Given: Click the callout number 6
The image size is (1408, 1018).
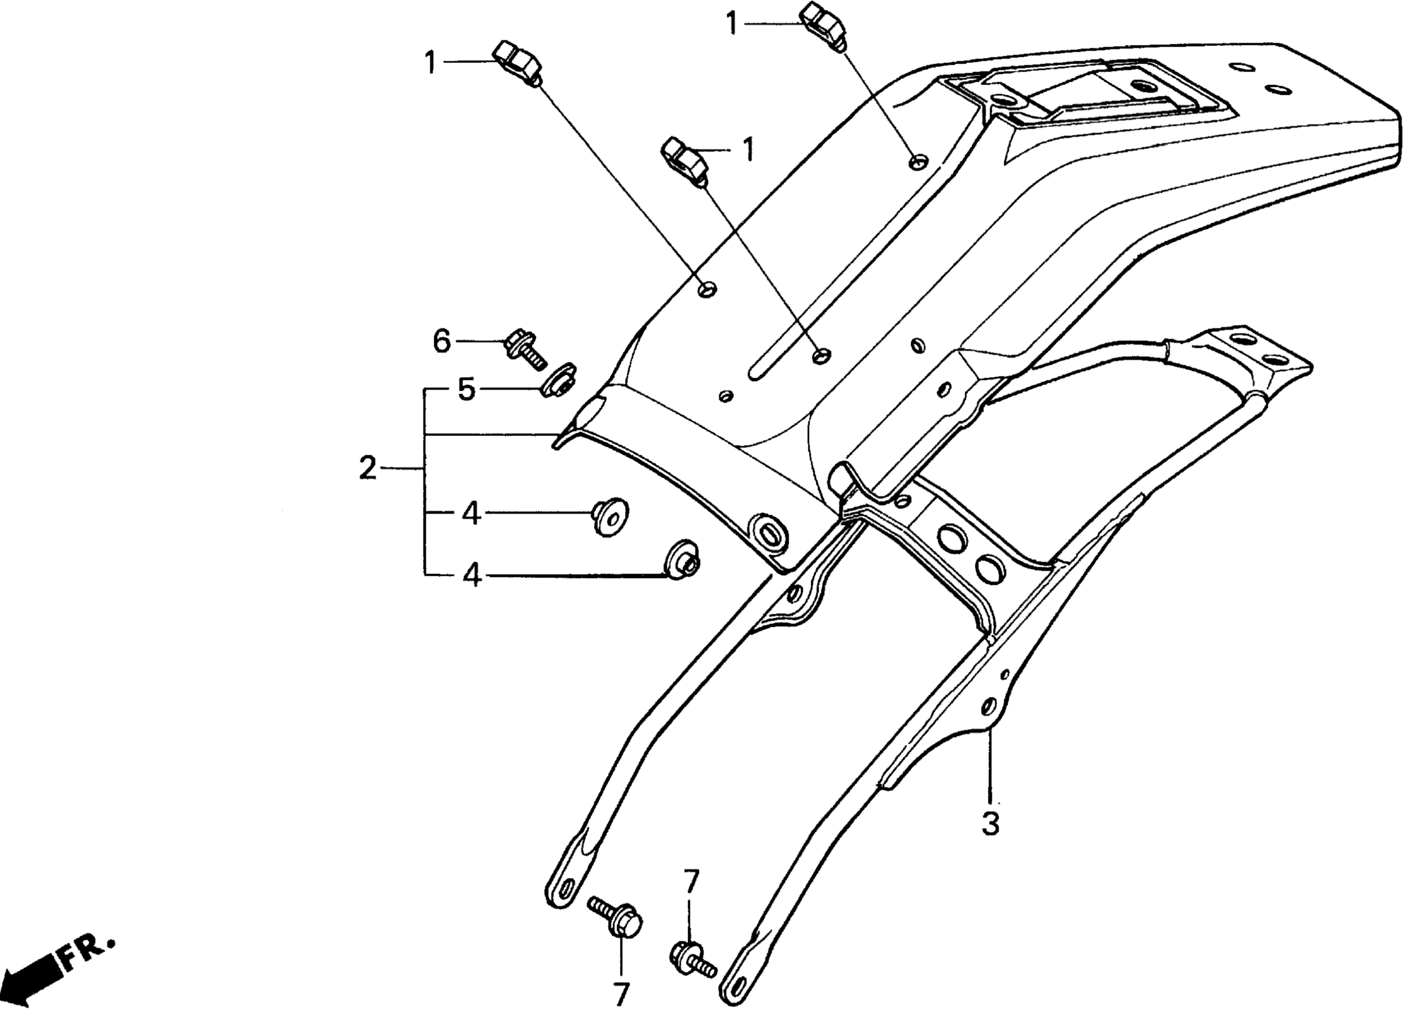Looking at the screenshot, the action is (x=441, y=341).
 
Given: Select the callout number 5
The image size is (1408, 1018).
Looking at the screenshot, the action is (x=466, y=390).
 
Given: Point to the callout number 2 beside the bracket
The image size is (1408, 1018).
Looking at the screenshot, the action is (x=367, y=468).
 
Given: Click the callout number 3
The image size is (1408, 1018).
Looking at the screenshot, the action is (x=991, y=823).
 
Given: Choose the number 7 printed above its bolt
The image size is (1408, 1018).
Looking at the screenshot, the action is (x=691, y=881).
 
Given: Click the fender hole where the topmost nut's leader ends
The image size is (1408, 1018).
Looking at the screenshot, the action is (x=918, y=162).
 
